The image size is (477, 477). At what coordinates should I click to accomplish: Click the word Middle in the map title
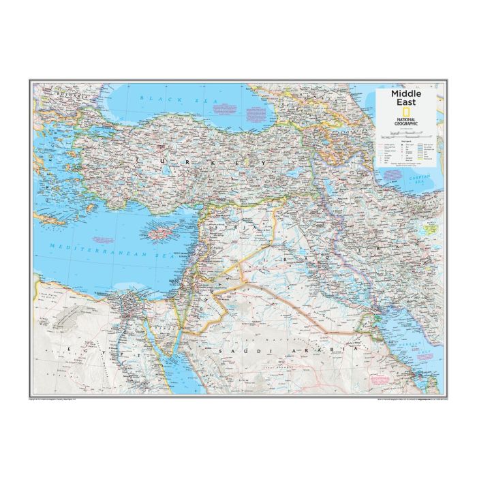[406, 93]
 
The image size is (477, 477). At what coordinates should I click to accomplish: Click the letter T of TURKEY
[139, 160]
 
